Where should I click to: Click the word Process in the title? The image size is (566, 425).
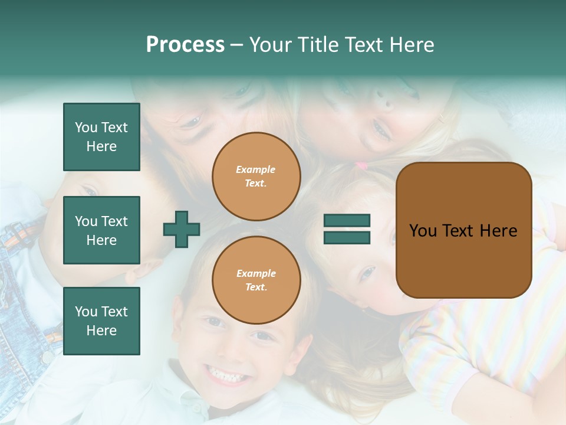pos(185,45)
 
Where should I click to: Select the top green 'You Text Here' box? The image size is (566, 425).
pos(101,137)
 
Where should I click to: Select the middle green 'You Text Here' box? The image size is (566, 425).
pos(101,230)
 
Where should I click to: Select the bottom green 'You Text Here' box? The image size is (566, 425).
pos(101,321)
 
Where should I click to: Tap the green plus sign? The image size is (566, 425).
pos(182,230)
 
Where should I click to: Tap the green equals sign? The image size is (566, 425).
pos(347,229)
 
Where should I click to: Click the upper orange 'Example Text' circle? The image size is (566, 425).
pos(256,176)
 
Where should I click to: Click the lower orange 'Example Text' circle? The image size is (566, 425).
pos(256,280)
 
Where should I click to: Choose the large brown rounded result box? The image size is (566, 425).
pos(463,230)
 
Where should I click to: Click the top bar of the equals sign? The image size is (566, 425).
pos(347,221)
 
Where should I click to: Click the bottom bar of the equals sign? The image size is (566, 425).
pos(347,237)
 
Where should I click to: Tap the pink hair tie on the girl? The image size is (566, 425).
pos(361,165)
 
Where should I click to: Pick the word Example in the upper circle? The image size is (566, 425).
pos(256,169)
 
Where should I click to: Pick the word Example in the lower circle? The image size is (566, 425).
pos(256,273)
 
